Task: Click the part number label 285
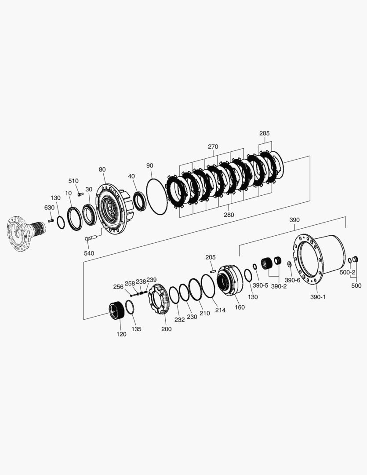pyautogui.click(x=264, y=133)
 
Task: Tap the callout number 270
pyautogui.click(x=213, y=146)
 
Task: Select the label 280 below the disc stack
pyautogui.click(x=229, y=215)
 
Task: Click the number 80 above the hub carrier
pyautogui.click(x=102, y=169)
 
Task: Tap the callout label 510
pyautogui.click(x=73, y=180)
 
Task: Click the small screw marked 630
pyautogui.click(x=51, y=220)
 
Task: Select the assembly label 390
pyautogui.click(x=294, y=219)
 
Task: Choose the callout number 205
pyautogui.click(x=211, y=257)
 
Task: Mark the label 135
pyautogui.click(x=136, y=329)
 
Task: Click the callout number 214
pyautogui.click(x=220, y=310)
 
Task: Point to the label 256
pyautogui.click(x=118, y=286)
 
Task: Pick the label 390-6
pyautogui.click(x=292, y=280)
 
